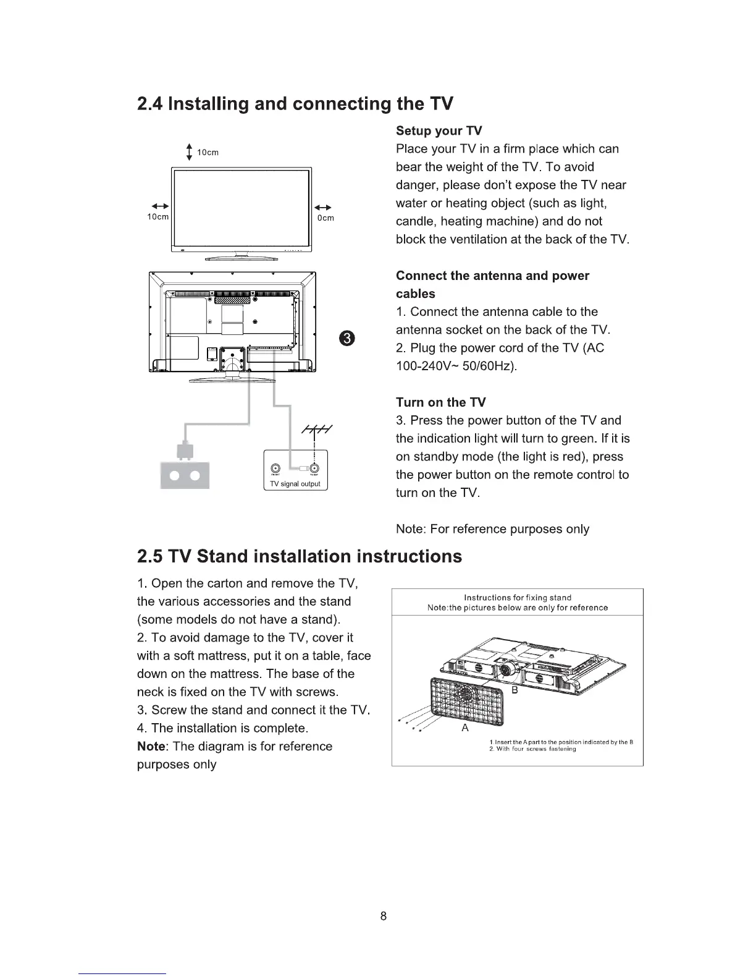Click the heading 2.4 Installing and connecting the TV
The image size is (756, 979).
(295, 103)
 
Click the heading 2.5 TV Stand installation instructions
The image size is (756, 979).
(299, 556)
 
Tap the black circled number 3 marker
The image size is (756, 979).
(348, 337)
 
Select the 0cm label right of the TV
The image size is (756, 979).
(325, 218)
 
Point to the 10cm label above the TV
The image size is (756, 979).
(208, 152)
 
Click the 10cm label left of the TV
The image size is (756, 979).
(157, 217)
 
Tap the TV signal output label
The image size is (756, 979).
(295, 484)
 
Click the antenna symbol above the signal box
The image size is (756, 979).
(316, 430)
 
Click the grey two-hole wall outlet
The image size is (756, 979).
(185, 475)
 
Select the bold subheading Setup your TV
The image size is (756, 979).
(439, 131)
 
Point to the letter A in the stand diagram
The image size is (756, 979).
(465, 728)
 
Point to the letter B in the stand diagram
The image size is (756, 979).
(513, 692)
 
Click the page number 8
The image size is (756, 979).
(384, 916)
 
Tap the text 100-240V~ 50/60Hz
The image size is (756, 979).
(456, 366)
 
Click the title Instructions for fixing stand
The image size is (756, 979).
(517, 598)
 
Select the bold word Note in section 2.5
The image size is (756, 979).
(150, 746)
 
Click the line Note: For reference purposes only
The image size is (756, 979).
(492, 529)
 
